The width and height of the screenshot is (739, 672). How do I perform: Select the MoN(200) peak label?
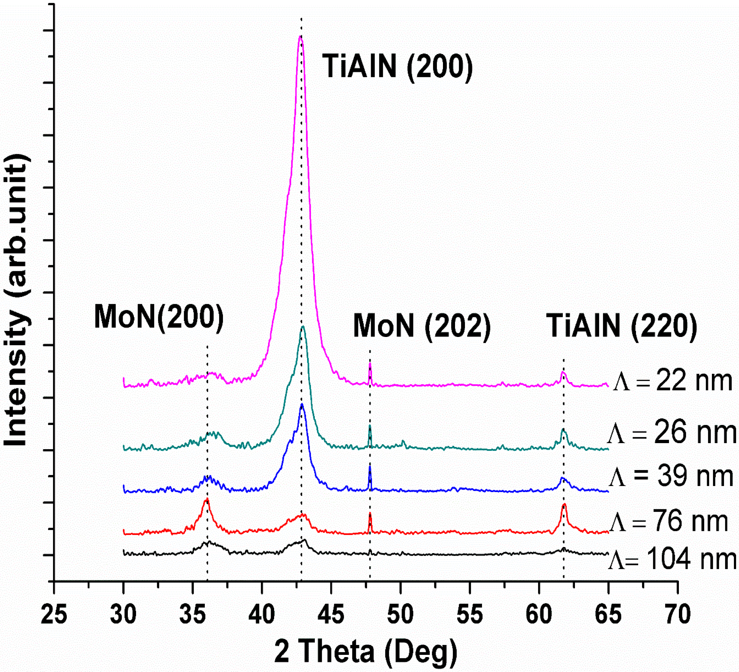click(x=159, y=317)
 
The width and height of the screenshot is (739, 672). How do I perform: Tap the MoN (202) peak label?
click(x=422, y=326)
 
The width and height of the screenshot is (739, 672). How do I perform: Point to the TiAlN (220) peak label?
click(x=622, y=326)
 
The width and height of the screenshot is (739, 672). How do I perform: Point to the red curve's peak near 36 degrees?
click(x=207, y=499)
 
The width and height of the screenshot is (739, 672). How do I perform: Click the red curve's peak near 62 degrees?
click(x=564, y=504)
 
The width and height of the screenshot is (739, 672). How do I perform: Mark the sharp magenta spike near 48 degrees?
click(x=370, y=364)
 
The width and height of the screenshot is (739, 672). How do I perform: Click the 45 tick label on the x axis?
click(x=331, y=614)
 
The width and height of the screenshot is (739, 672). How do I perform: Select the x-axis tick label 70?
click(x=677, y=614)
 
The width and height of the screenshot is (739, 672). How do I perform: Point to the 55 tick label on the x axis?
click(x=470, y=614)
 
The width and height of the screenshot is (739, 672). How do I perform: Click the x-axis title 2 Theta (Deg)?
click(x=366, y=651)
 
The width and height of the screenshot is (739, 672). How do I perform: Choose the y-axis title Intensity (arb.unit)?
click(x=17, y=300)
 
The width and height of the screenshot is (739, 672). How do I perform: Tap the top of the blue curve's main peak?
click(x=302, y=405)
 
